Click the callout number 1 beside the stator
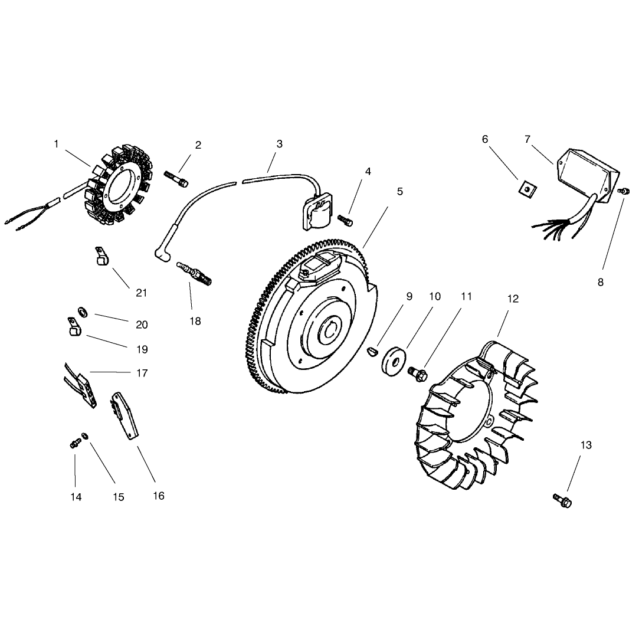pyautogui.click(x=56, y=144)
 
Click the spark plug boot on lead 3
pyautogui.click(x=163, y=248)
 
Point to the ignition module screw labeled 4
pyautogui.click(x=345, y=221)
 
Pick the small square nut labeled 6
pyautogui.click(x=527, y=189)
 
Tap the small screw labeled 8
pyautogui.click(x=622, y=191)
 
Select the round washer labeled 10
pyautogui.click(x=394, y=361)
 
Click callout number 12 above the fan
pyautogui.click(x=513, y=299)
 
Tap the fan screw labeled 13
pyautogui.click(x=562, y=500)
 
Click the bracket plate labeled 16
pyautogui.click(x=124, y=416)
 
